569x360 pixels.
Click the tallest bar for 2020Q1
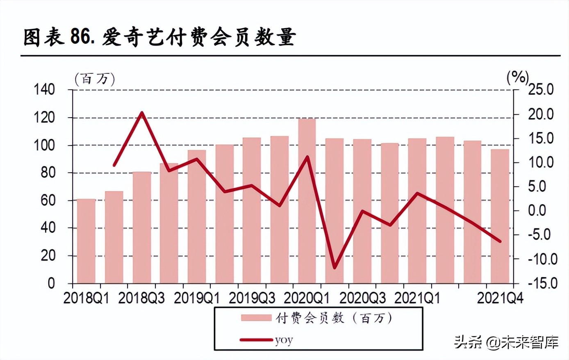(307, 201)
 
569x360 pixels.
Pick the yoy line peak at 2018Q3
(141, 112)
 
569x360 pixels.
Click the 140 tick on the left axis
(44, 89)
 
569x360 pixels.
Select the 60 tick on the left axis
(48, 201)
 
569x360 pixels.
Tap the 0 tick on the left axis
(51, 283)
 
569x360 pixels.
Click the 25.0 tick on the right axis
(540, 89)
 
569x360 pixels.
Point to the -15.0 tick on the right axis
(540, 283)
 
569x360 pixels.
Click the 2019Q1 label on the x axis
(196, 298)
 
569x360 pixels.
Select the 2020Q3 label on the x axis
(362, 298)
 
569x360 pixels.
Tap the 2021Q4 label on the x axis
(500, 298)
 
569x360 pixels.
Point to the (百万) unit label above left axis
(95, 79)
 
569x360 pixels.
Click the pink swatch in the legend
(256, 318)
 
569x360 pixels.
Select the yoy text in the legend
(284, 340)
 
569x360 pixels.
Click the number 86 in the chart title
(80, 37)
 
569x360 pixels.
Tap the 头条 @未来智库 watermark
(506, 342)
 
